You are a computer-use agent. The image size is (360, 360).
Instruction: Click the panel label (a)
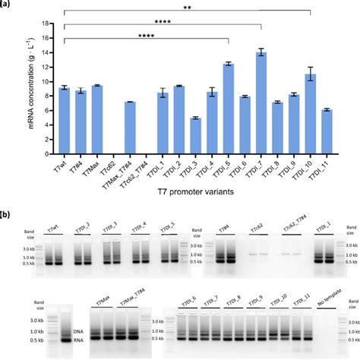(9, 6)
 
